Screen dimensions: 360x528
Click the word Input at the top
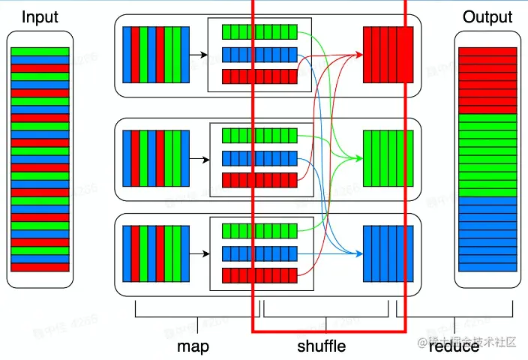(40, 16)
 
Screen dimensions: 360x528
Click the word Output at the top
(487, 16)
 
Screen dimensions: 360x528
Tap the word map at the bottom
(193, 346)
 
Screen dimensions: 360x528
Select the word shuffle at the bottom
(321, 346)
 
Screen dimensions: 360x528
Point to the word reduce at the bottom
(454, 346)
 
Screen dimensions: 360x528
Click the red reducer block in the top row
(388, 55)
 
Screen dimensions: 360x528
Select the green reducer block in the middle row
(388, 158)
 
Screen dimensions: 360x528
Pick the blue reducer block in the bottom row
(388, 252)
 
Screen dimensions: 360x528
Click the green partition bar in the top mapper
(259, 32)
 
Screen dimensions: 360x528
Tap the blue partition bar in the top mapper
(259, 54)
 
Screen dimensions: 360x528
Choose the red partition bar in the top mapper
(259, 76)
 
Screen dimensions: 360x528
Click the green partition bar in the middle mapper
(259, 136)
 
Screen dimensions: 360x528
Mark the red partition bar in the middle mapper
(259, 180)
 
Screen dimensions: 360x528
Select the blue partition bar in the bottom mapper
(259, 252)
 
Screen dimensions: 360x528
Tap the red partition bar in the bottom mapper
(259, 274)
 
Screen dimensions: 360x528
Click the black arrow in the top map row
(199, 55)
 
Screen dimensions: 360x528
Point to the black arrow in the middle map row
(199, 158)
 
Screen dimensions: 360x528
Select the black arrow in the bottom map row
(199, 252)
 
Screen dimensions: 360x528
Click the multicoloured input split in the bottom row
(156, 252)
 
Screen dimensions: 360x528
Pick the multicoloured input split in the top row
(156, 55)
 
